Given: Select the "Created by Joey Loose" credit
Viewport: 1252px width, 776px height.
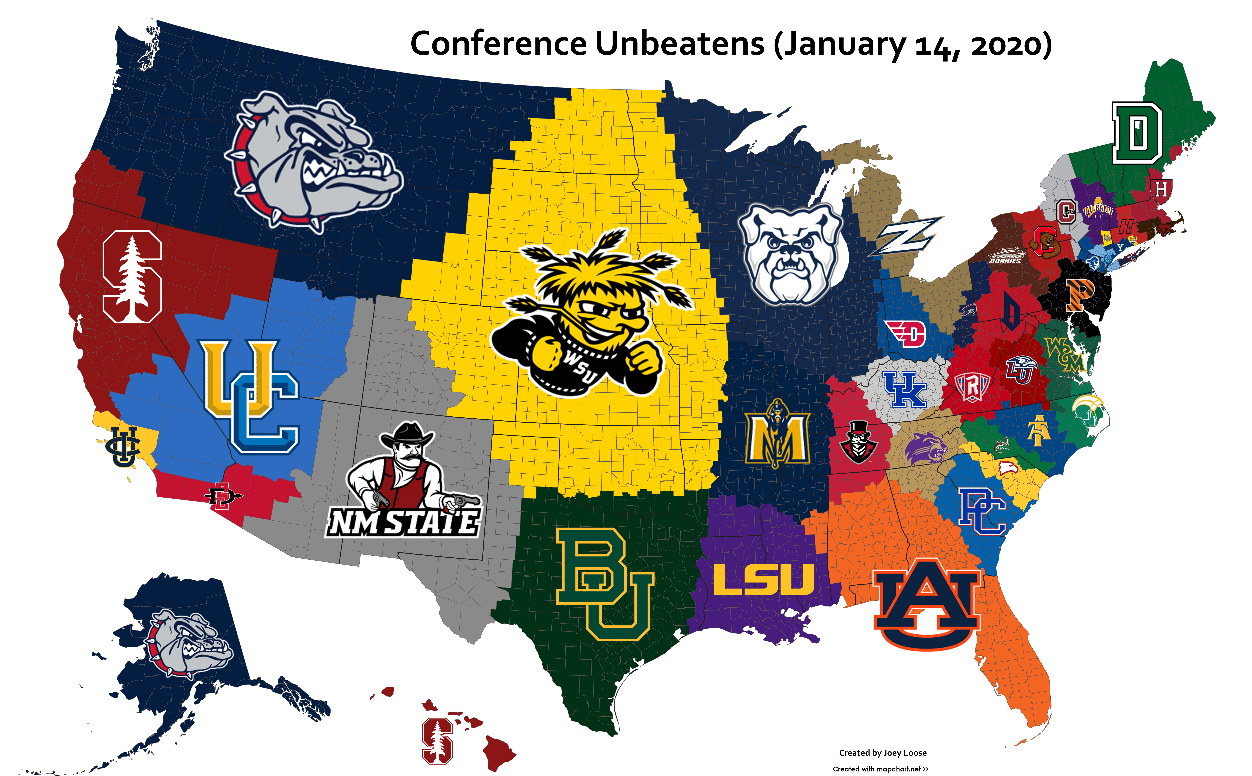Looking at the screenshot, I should coord(882,753).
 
